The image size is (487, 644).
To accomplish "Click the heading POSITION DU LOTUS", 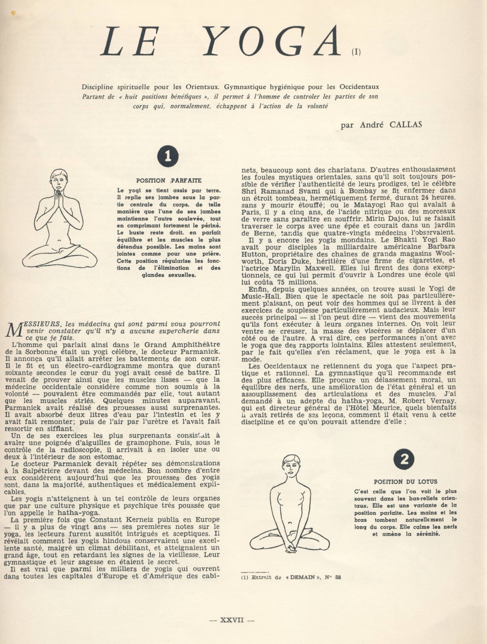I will (x=405, y=482).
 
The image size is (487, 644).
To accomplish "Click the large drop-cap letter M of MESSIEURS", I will (x=14, y=330).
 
